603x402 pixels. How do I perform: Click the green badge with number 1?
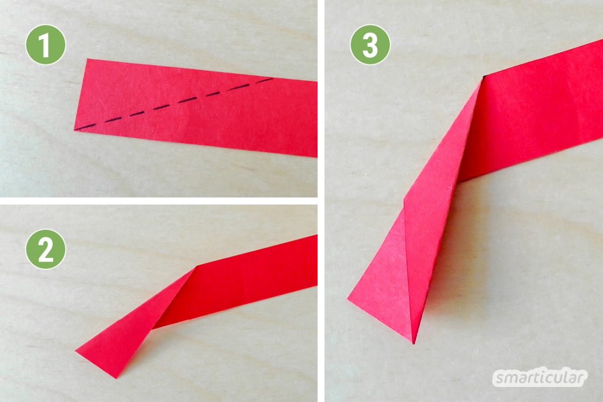46,45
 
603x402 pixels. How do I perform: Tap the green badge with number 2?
46,249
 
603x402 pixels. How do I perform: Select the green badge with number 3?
370,45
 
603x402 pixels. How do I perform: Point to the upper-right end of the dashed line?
272,79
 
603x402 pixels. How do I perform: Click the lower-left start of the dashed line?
75,130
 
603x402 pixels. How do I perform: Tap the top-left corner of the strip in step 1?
88,59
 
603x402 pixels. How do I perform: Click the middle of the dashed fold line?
174,104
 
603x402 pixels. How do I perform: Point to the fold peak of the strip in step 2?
197,266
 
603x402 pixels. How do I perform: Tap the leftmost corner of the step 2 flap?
75,350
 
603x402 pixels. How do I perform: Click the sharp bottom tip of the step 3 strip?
413,343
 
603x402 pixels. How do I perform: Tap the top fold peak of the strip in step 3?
482,79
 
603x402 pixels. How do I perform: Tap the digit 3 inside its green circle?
370,45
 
